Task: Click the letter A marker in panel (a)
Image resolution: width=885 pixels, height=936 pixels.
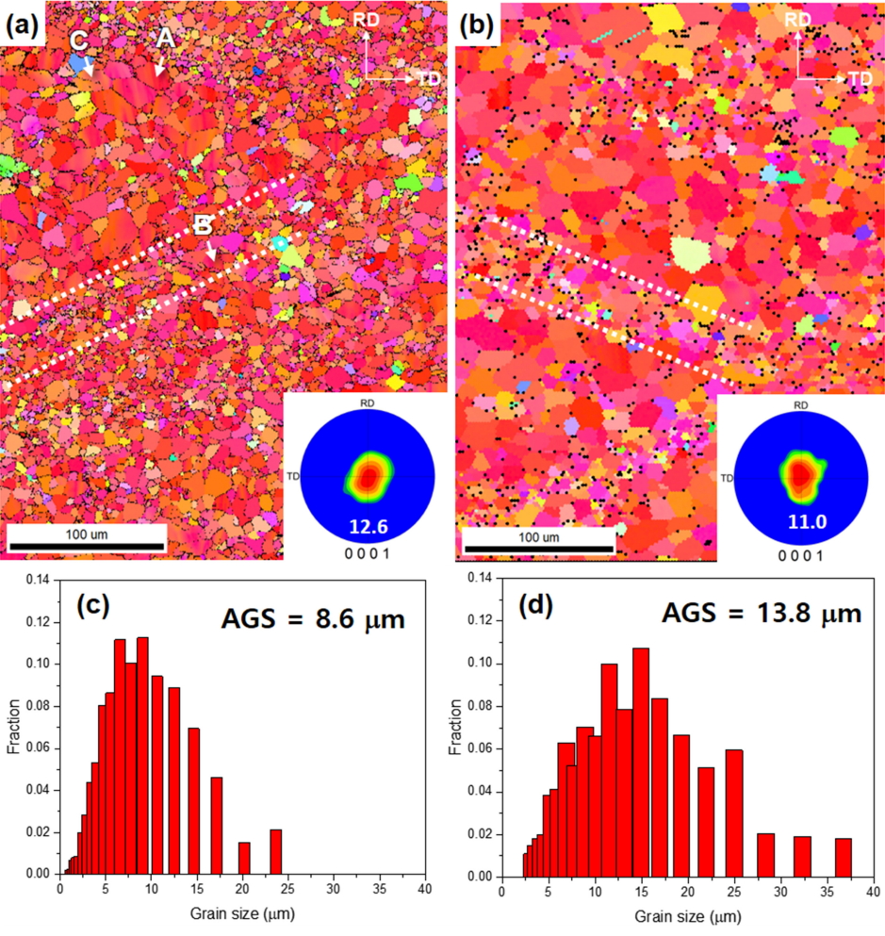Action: (x=165, y=38)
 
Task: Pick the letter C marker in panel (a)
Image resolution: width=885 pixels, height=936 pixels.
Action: (x=80, y=41)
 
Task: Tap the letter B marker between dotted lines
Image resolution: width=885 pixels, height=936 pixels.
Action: (x=202, y=225)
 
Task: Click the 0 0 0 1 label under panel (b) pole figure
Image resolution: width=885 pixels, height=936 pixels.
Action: (x=800, y=555)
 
